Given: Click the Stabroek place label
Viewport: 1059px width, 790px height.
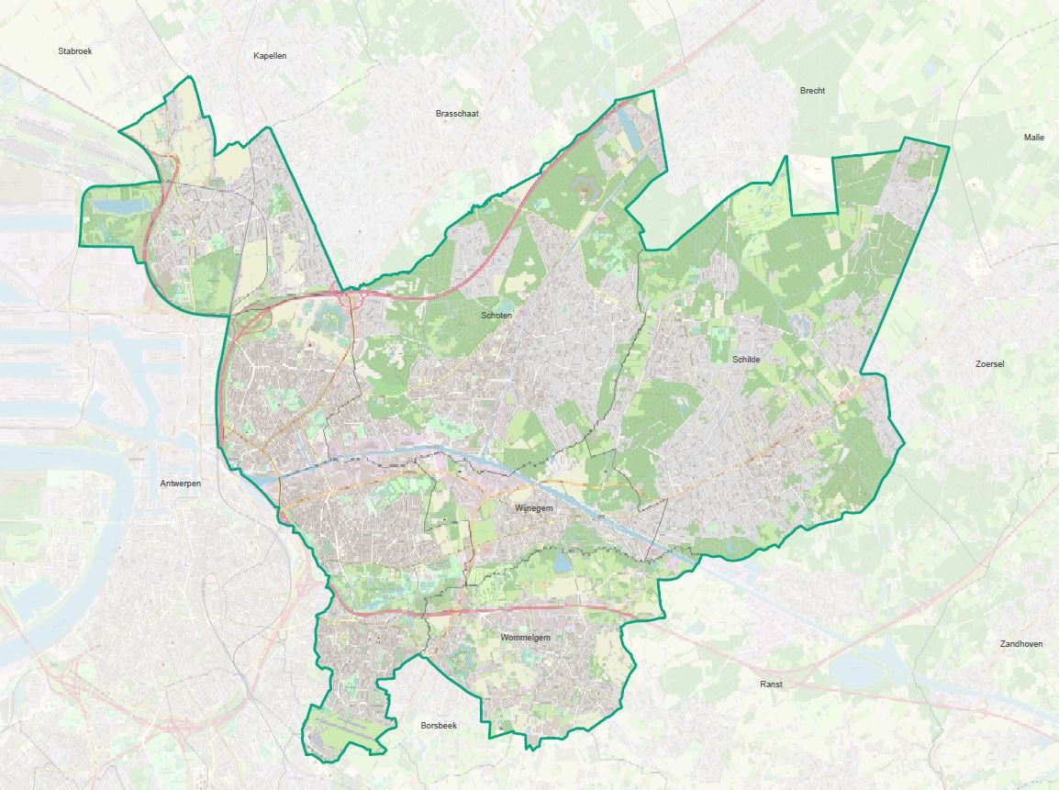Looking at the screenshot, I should pos(74,51).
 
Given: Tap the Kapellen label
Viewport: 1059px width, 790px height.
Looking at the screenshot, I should pos(270,56).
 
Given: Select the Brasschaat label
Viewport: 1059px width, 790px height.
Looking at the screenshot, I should pos(457,114).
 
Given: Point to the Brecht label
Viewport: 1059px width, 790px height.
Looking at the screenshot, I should pos(812,91).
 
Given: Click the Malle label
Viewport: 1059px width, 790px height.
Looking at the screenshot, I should pos(1033,138).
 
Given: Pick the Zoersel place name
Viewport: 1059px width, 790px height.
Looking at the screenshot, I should pos(989,364).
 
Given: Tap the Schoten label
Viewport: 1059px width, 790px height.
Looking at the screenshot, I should pos(496,316).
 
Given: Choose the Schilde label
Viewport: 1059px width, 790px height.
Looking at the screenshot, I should pos(746,360).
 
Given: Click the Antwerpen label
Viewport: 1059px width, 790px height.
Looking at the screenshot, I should pos(180,483).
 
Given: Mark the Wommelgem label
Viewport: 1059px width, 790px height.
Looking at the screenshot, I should pos(525,638).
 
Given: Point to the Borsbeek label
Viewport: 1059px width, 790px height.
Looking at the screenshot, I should pos(439,725).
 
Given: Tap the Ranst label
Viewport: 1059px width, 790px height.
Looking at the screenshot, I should pos(771,684).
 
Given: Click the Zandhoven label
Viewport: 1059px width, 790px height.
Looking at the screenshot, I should pos(1020,644).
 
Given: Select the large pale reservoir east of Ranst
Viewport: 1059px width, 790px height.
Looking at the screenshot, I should pos(863,669).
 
